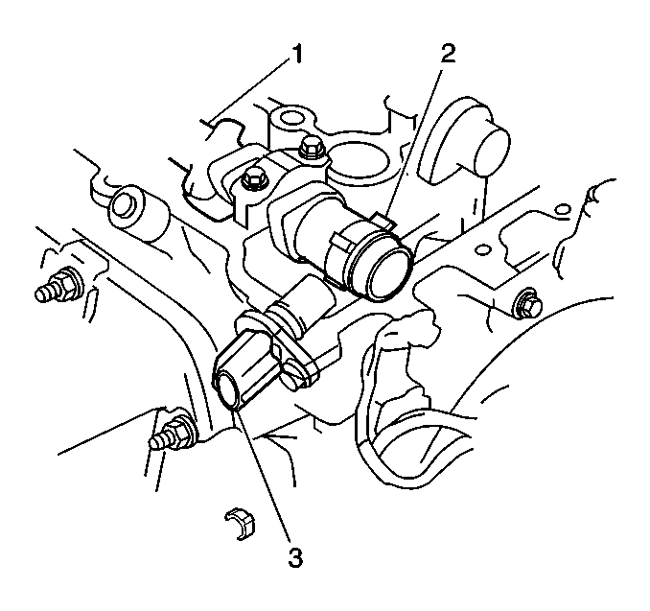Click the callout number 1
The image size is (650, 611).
[x=296, y=55]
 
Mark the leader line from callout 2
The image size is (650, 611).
[x=411, y=143]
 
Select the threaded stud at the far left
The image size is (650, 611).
[x=58, y=286]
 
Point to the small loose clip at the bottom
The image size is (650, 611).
[x=240, y=524]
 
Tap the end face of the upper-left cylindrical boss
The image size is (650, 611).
[x=123, y=204]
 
